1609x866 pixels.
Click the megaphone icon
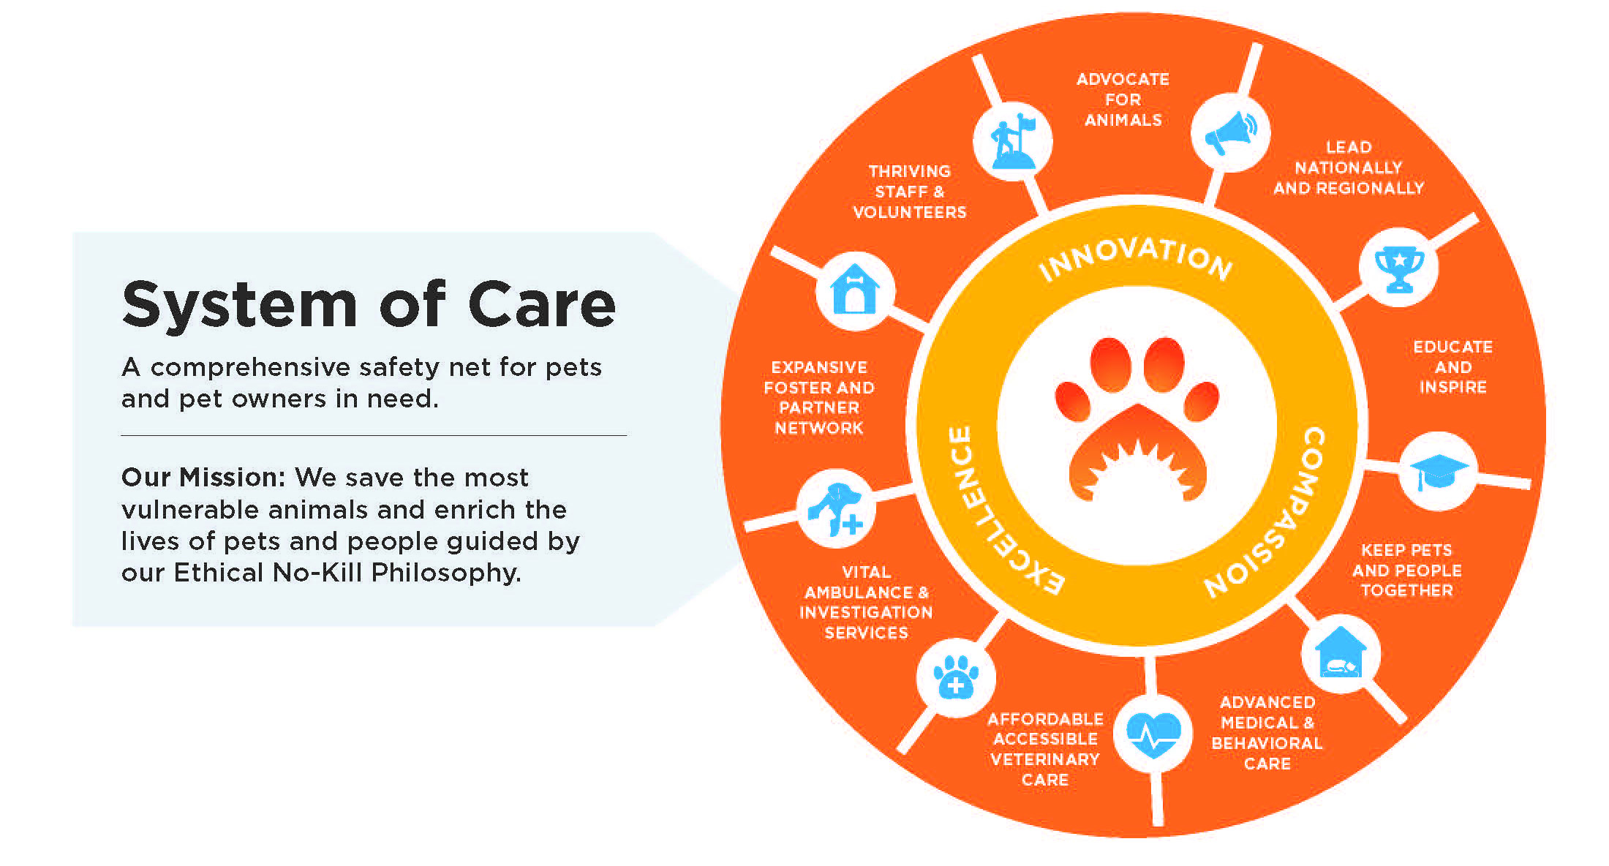[x=1231, y=132]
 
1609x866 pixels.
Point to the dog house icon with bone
[x=855, y=289]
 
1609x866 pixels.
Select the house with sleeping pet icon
[x=1341, y=652]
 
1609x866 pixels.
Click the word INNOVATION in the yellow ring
[x=1135, y=257]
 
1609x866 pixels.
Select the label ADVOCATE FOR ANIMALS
[x=1123, y=99]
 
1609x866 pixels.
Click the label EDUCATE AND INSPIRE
[x=1452, y=366]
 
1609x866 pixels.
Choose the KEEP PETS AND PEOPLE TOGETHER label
[x=1406, y=570]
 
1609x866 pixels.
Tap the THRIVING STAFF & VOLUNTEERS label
[x=910, y=192]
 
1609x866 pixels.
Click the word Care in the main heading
[x=542, y=304]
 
